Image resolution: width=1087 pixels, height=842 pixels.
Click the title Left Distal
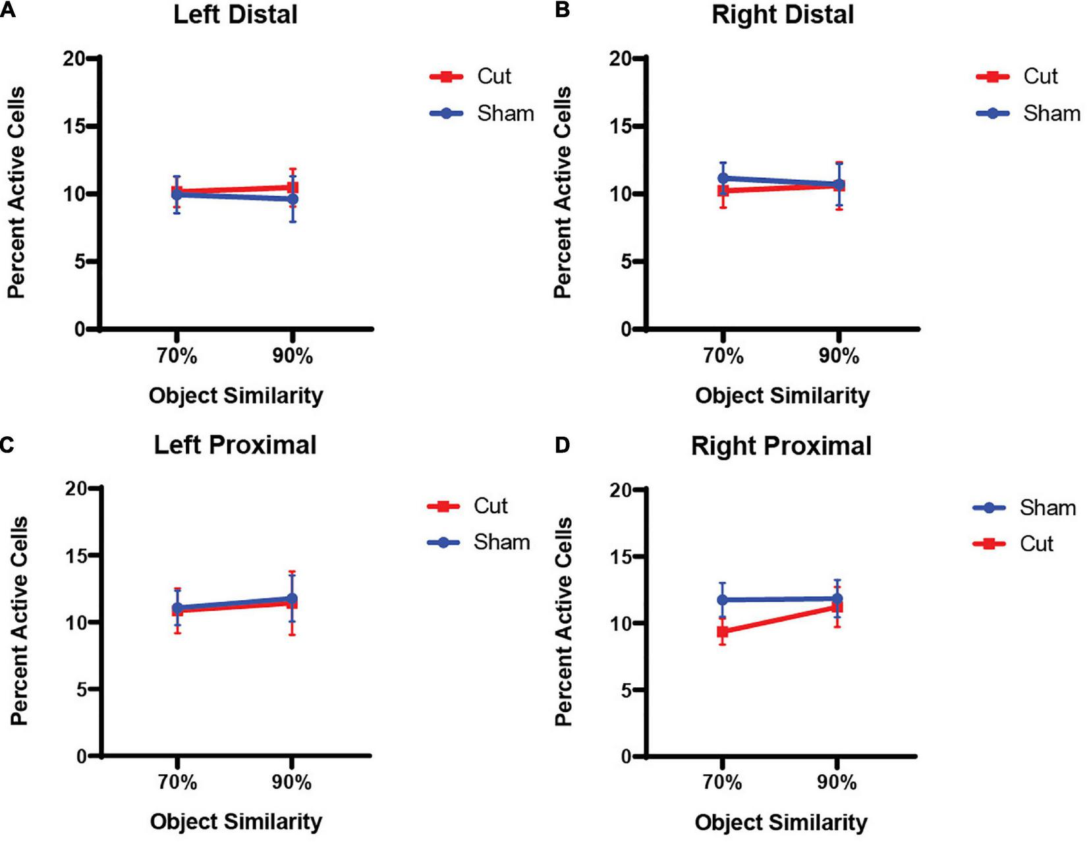tap(235, 14)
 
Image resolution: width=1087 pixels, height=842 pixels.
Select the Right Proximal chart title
tap(781, 446)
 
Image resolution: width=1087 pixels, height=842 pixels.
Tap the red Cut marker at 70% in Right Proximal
tap(723, 632)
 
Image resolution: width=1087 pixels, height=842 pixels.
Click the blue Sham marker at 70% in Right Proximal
tap(723, 600)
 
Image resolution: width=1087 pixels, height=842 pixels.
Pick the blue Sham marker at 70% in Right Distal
tap(723, 178)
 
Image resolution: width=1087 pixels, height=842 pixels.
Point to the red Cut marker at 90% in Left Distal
tap(293, 188)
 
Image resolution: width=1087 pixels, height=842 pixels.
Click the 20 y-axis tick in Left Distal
tap(74, 59)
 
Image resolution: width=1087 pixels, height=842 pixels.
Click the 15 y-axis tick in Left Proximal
tap(76, 555)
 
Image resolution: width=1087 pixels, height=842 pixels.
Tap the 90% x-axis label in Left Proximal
tap(292, 783)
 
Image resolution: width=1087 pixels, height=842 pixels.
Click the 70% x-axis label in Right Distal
tap(723, 356)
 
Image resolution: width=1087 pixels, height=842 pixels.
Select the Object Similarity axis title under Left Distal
tap(236, 395)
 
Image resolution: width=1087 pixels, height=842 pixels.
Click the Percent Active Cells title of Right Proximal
tap(564, 621)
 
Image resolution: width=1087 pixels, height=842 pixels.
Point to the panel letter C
tap(7, 445)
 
